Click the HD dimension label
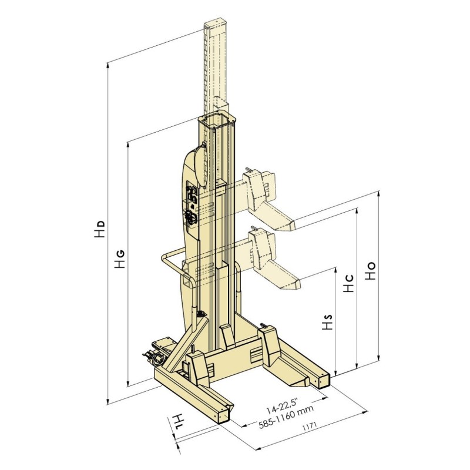(x=100, y=229)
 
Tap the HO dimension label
(x=370, y=271)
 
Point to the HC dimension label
(x=348, y=283)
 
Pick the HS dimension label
(x=328, y=322)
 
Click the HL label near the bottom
(x=178, y=422)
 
